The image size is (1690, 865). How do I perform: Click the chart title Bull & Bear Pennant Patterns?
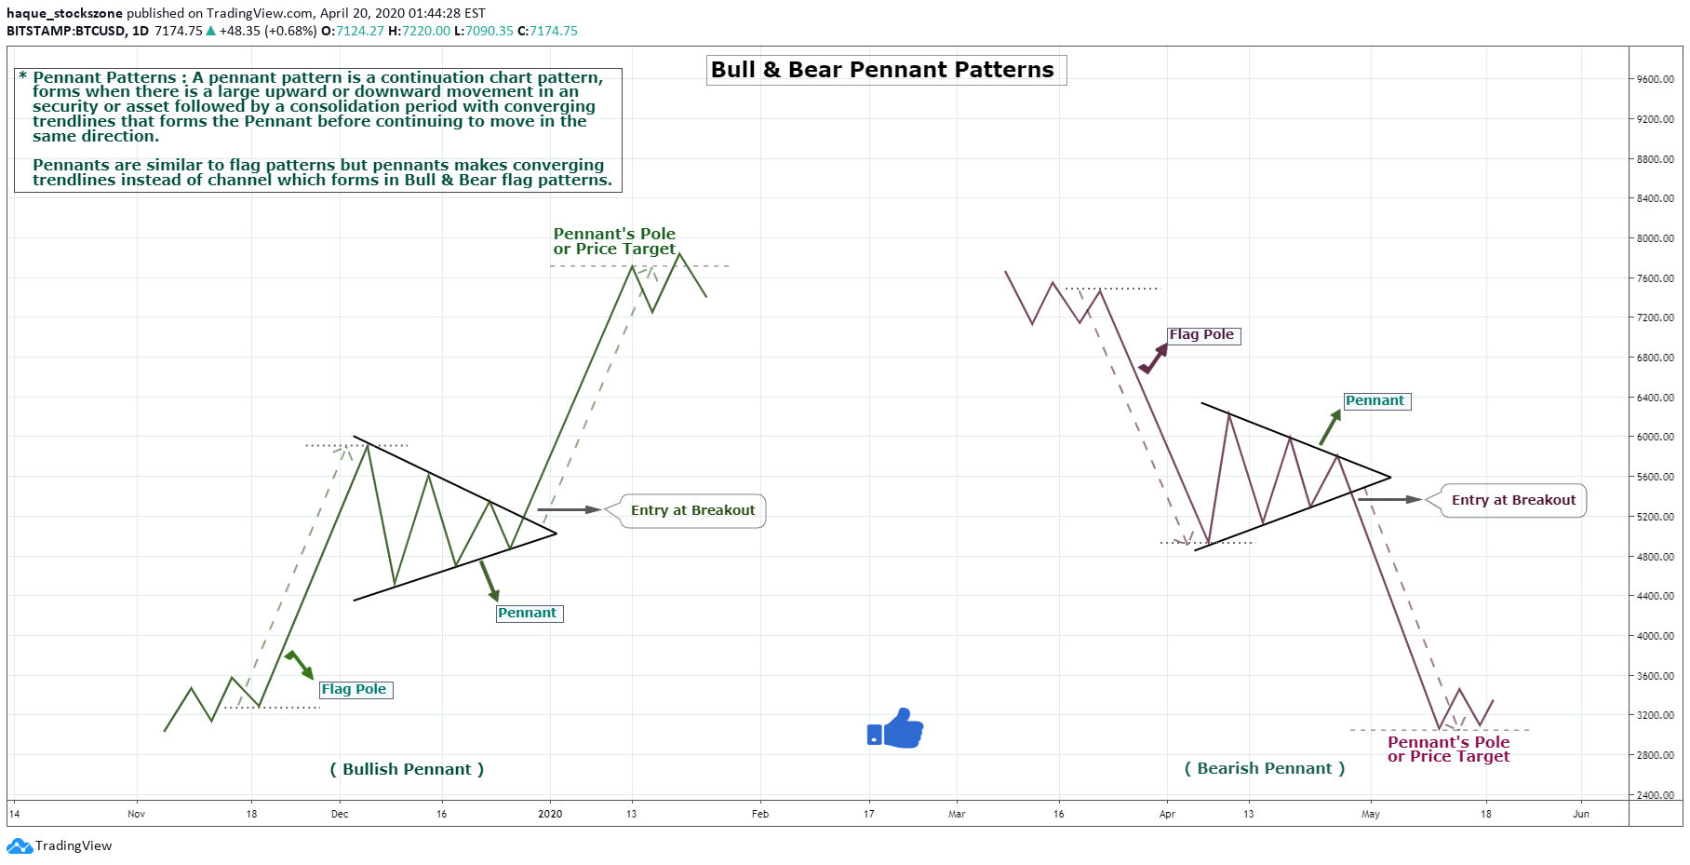click(882, 70)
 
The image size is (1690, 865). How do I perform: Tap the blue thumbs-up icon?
click(895, 729)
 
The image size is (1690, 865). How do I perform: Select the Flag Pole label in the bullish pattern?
click(355, 689)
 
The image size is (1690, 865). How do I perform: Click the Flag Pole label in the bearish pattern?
click(1202, 335)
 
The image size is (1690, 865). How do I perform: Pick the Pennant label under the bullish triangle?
click(528, 613)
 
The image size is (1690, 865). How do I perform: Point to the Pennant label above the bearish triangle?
click(1375, 401)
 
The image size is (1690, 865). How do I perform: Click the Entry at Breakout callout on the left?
click(692, 510)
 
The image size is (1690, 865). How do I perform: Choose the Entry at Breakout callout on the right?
click(1512, 500)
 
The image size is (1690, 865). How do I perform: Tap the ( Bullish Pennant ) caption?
click(407, 769)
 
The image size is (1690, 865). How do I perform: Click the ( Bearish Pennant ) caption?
click(1265, 768)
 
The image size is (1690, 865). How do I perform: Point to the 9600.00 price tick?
click(1656, 79)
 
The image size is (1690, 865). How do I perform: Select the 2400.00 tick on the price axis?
click(1656, 795)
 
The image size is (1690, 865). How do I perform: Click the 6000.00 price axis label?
click(1656, 437)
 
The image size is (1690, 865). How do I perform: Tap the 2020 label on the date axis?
click(550, 814)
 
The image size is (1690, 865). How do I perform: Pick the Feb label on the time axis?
click(760, 814)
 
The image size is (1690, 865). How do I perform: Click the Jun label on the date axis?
click(1580, 814)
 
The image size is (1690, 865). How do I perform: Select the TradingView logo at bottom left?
click(60, 845)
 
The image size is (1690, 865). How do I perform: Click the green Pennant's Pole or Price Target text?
click(614, 241)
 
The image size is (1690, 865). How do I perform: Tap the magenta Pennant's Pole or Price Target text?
click(1448, 749)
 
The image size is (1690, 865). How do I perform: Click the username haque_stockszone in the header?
click(64, 13)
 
